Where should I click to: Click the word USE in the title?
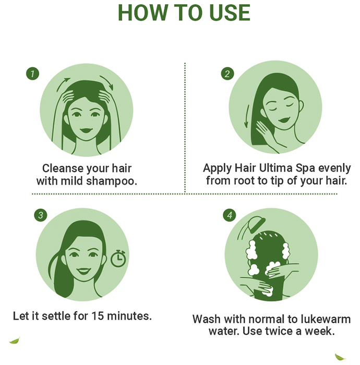[x=230, y=13]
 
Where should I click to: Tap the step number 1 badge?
[x=32, y=74]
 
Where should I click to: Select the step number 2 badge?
[x=227, y=74]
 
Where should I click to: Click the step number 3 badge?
[x=41, y=215]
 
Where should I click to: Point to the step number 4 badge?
[x=230, y=215]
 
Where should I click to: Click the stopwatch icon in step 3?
[x=118, y=259]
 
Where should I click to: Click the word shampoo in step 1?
[x=112, y=181]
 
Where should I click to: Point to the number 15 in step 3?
[x=98, y=316]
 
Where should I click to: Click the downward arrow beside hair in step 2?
[x=247, y=116]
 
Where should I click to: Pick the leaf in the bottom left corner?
[x=15, y=340]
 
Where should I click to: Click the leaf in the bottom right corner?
[x=340, y=357]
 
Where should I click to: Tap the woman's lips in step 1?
[x=86, y=130]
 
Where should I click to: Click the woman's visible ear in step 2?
[x=301, y=106]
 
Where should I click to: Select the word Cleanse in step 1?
[x=63, y=168]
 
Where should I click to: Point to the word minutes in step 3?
[x=129, y=316]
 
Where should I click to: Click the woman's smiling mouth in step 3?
[x=83, y=271]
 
